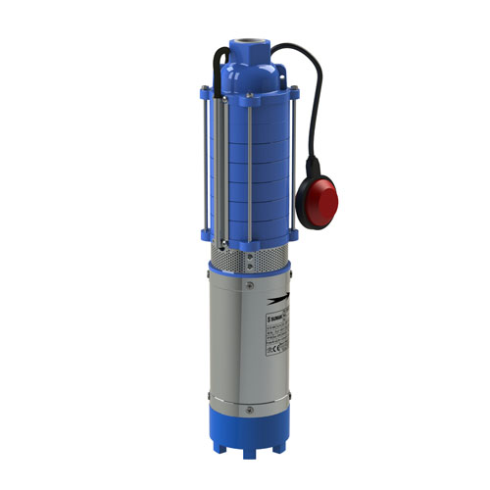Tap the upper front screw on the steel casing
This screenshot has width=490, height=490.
click(x=252, y=285)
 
